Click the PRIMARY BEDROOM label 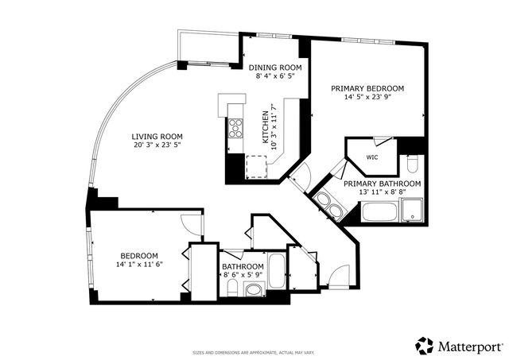coord(367,88)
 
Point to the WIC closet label coord(372,157)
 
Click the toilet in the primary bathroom coord(413,165)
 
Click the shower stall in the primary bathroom coord(414,211)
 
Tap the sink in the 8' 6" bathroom coord(253,292)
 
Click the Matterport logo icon coord(425,346)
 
